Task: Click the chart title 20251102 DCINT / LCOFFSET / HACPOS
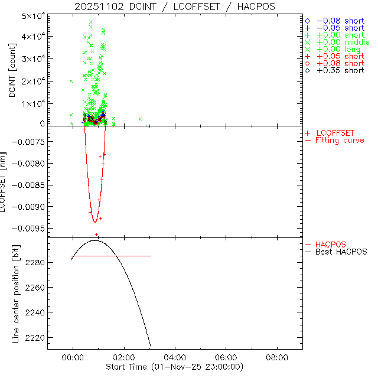(175, 6)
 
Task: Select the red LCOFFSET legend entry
(335, 132)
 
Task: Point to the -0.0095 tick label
(27, 228)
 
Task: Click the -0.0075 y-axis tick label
(27, 142)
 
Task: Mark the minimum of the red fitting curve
(94, 221)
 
